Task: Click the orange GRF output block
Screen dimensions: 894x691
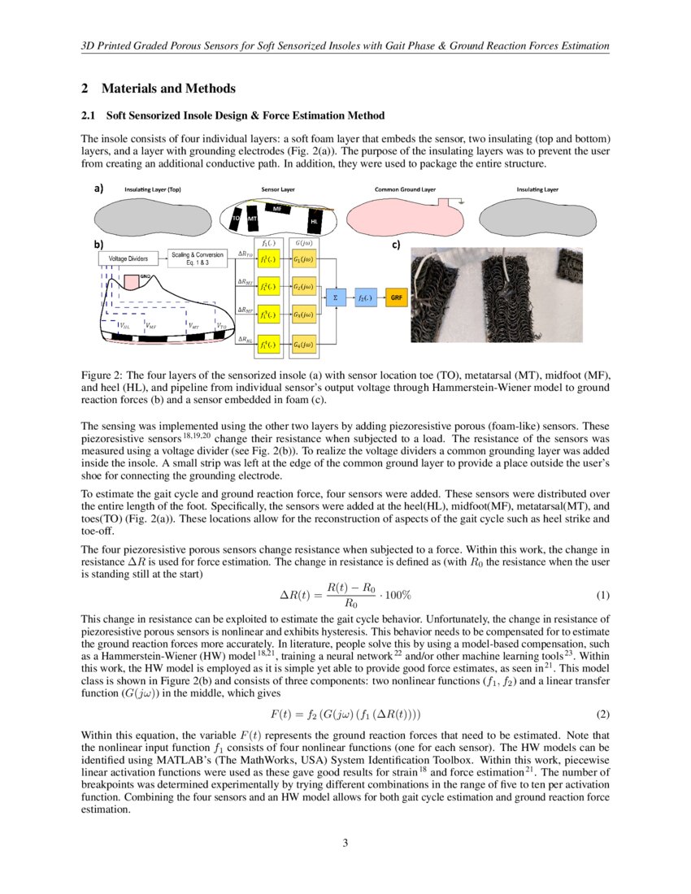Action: (397, 298)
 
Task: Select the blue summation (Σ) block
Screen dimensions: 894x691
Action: (335, 298)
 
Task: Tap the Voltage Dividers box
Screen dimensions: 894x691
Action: (128, 258)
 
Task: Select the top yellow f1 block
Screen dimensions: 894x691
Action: (266, 259)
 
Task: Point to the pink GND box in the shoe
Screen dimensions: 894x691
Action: (133, 281)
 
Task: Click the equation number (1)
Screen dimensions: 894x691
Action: (602, 595)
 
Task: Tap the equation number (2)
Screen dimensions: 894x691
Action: (602, 714)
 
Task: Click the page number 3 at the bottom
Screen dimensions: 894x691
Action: (345, 843)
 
